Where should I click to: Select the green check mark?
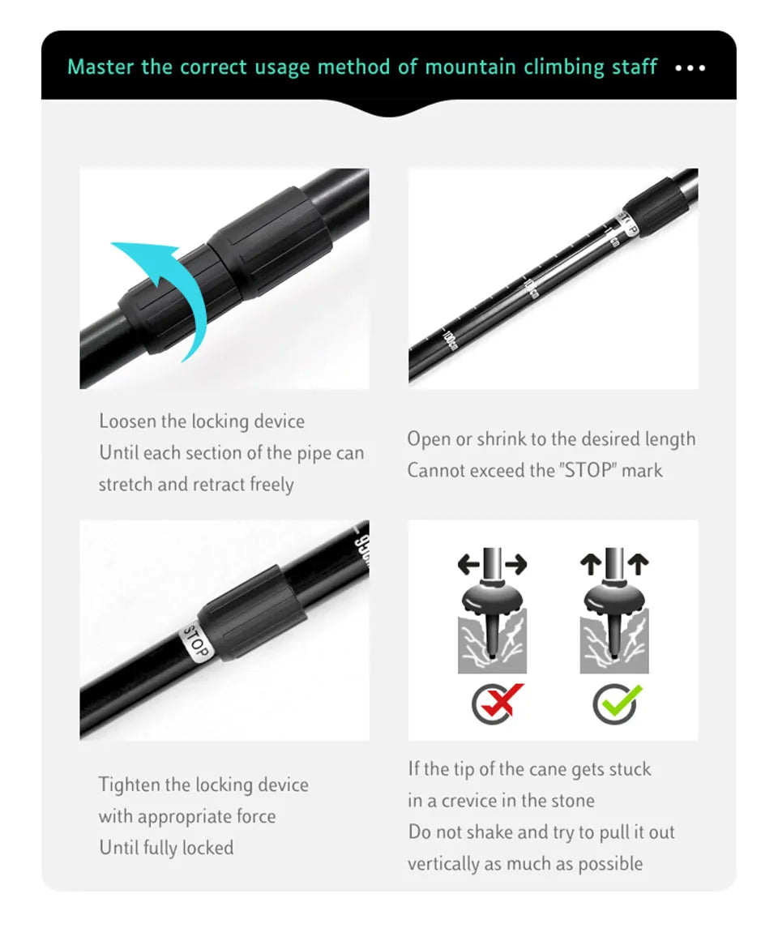pyautogui.click(x=622, y=701)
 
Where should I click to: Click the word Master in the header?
pyautogui.click(x=100, y=67)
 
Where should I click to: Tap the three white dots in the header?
pyautogui.click(x=690, y=68)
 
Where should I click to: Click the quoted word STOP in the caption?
pyautogui.click(x=588, y=471)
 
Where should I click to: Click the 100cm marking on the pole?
pyautogui.click(x=450, y=341)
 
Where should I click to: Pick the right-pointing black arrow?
pyautogui.click(x=516, y=564)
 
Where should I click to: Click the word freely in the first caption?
pyautogui.click(x=271, y=485)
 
